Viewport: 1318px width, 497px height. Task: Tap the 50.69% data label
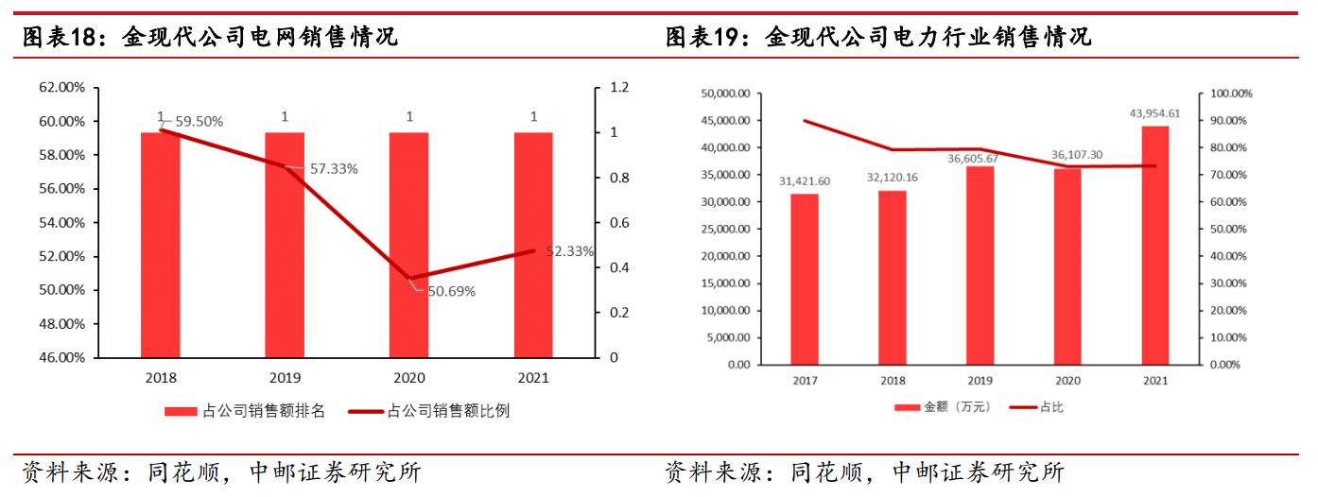click(451, 291)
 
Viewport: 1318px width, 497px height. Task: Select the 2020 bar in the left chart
click(408, 245)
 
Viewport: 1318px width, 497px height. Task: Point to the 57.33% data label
click(334, 169)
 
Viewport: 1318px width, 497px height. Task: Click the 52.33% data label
click(570, 251)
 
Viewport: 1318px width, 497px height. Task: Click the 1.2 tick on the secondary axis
click(618, 88)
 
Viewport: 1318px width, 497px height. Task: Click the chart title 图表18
click(209, 37)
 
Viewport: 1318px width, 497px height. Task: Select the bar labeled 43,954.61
click(1154, 245)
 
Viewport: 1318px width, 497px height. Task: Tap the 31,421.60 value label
click(805, 180)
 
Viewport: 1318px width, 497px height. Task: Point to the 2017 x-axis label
click(805, 380)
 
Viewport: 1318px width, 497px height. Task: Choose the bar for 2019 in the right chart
click(980, 265)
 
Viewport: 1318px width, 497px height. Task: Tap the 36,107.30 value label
click(1067, 155)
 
